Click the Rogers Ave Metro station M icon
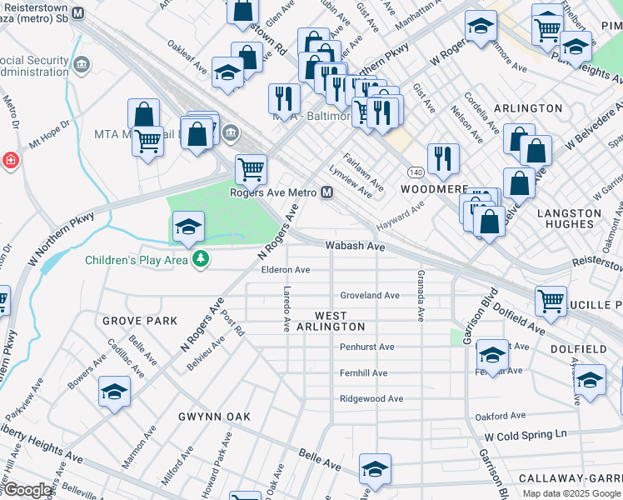click(x=327, y=192)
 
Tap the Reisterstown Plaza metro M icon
click(x=77, y=13)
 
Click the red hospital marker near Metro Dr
click(x=10, y=160)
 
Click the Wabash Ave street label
click(x=354, y=247)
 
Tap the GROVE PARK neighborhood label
click(x=140, y=320)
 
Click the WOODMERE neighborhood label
click(x=434, y=189)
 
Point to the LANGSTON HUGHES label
click(x=569, y=219)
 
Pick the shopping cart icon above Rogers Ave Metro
click(x=251, y=169)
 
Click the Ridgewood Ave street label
click(x=371, y=399)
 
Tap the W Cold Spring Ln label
click(x=526, y=434)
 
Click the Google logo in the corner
click(x=27, y=491)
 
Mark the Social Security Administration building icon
click(x=82, y=65)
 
